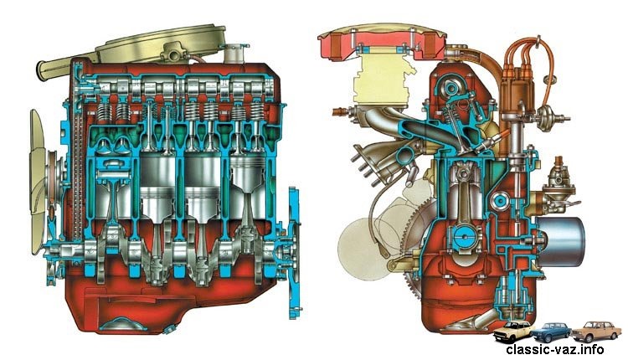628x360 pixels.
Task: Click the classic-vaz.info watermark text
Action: click(x=554, y=349)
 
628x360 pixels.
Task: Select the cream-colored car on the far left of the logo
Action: click(x=513, y=332)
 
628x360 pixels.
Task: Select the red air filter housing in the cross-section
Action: click(x=382, y=41)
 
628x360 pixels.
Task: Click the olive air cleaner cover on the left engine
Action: click(x=160, y=44)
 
